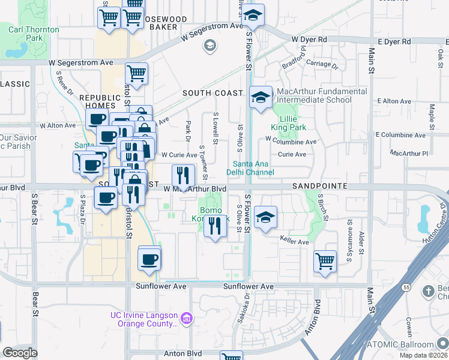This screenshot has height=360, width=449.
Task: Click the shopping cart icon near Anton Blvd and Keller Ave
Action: point(325,260)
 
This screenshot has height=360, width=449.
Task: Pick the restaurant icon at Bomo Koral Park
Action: point(213,226)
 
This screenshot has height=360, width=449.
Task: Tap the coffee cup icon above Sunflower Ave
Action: point(149,259)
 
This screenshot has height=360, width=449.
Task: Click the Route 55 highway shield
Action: point(406,287)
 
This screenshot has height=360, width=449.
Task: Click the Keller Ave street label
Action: point(294,242)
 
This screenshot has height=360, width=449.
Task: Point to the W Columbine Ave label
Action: point(291,142)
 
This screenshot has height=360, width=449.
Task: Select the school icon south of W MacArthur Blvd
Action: point(265,217)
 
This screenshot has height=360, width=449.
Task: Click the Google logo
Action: point(20,353)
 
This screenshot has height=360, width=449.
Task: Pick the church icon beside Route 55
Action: point(427,292)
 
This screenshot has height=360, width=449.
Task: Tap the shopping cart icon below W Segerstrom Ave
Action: point(136,74)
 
